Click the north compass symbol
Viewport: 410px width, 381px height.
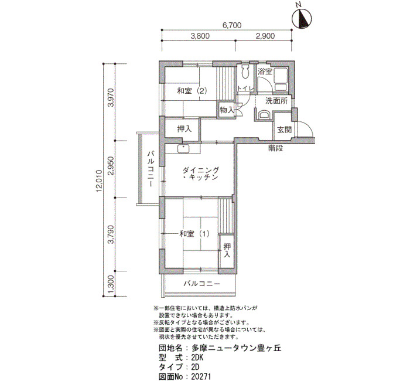302,18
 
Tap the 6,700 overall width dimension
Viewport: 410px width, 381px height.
232,25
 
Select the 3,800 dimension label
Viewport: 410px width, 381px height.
200,36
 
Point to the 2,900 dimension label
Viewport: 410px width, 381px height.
265,36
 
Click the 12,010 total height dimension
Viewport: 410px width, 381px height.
99,181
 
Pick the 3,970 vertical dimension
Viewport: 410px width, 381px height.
111,98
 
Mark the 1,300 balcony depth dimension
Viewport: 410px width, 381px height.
111,284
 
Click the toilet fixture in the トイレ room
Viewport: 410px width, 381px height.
245,72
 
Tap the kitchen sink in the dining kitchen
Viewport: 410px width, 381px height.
183,149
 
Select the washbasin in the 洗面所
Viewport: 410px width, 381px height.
264,115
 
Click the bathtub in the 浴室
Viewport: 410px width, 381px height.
281,79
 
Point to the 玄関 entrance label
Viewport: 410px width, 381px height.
284,130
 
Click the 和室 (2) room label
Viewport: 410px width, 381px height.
192,91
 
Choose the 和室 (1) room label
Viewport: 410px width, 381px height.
194,234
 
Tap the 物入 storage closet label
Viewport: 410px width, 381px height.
227,110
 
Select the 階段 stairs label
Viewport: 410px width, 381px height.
276,148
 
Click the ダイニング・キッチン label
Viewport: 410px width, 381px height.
200,174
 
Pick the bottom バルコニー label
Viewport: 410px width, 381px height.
202,284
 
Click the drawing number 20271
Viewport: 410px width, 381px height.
201,376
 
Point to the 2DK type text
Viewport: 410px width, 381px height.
197,358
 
